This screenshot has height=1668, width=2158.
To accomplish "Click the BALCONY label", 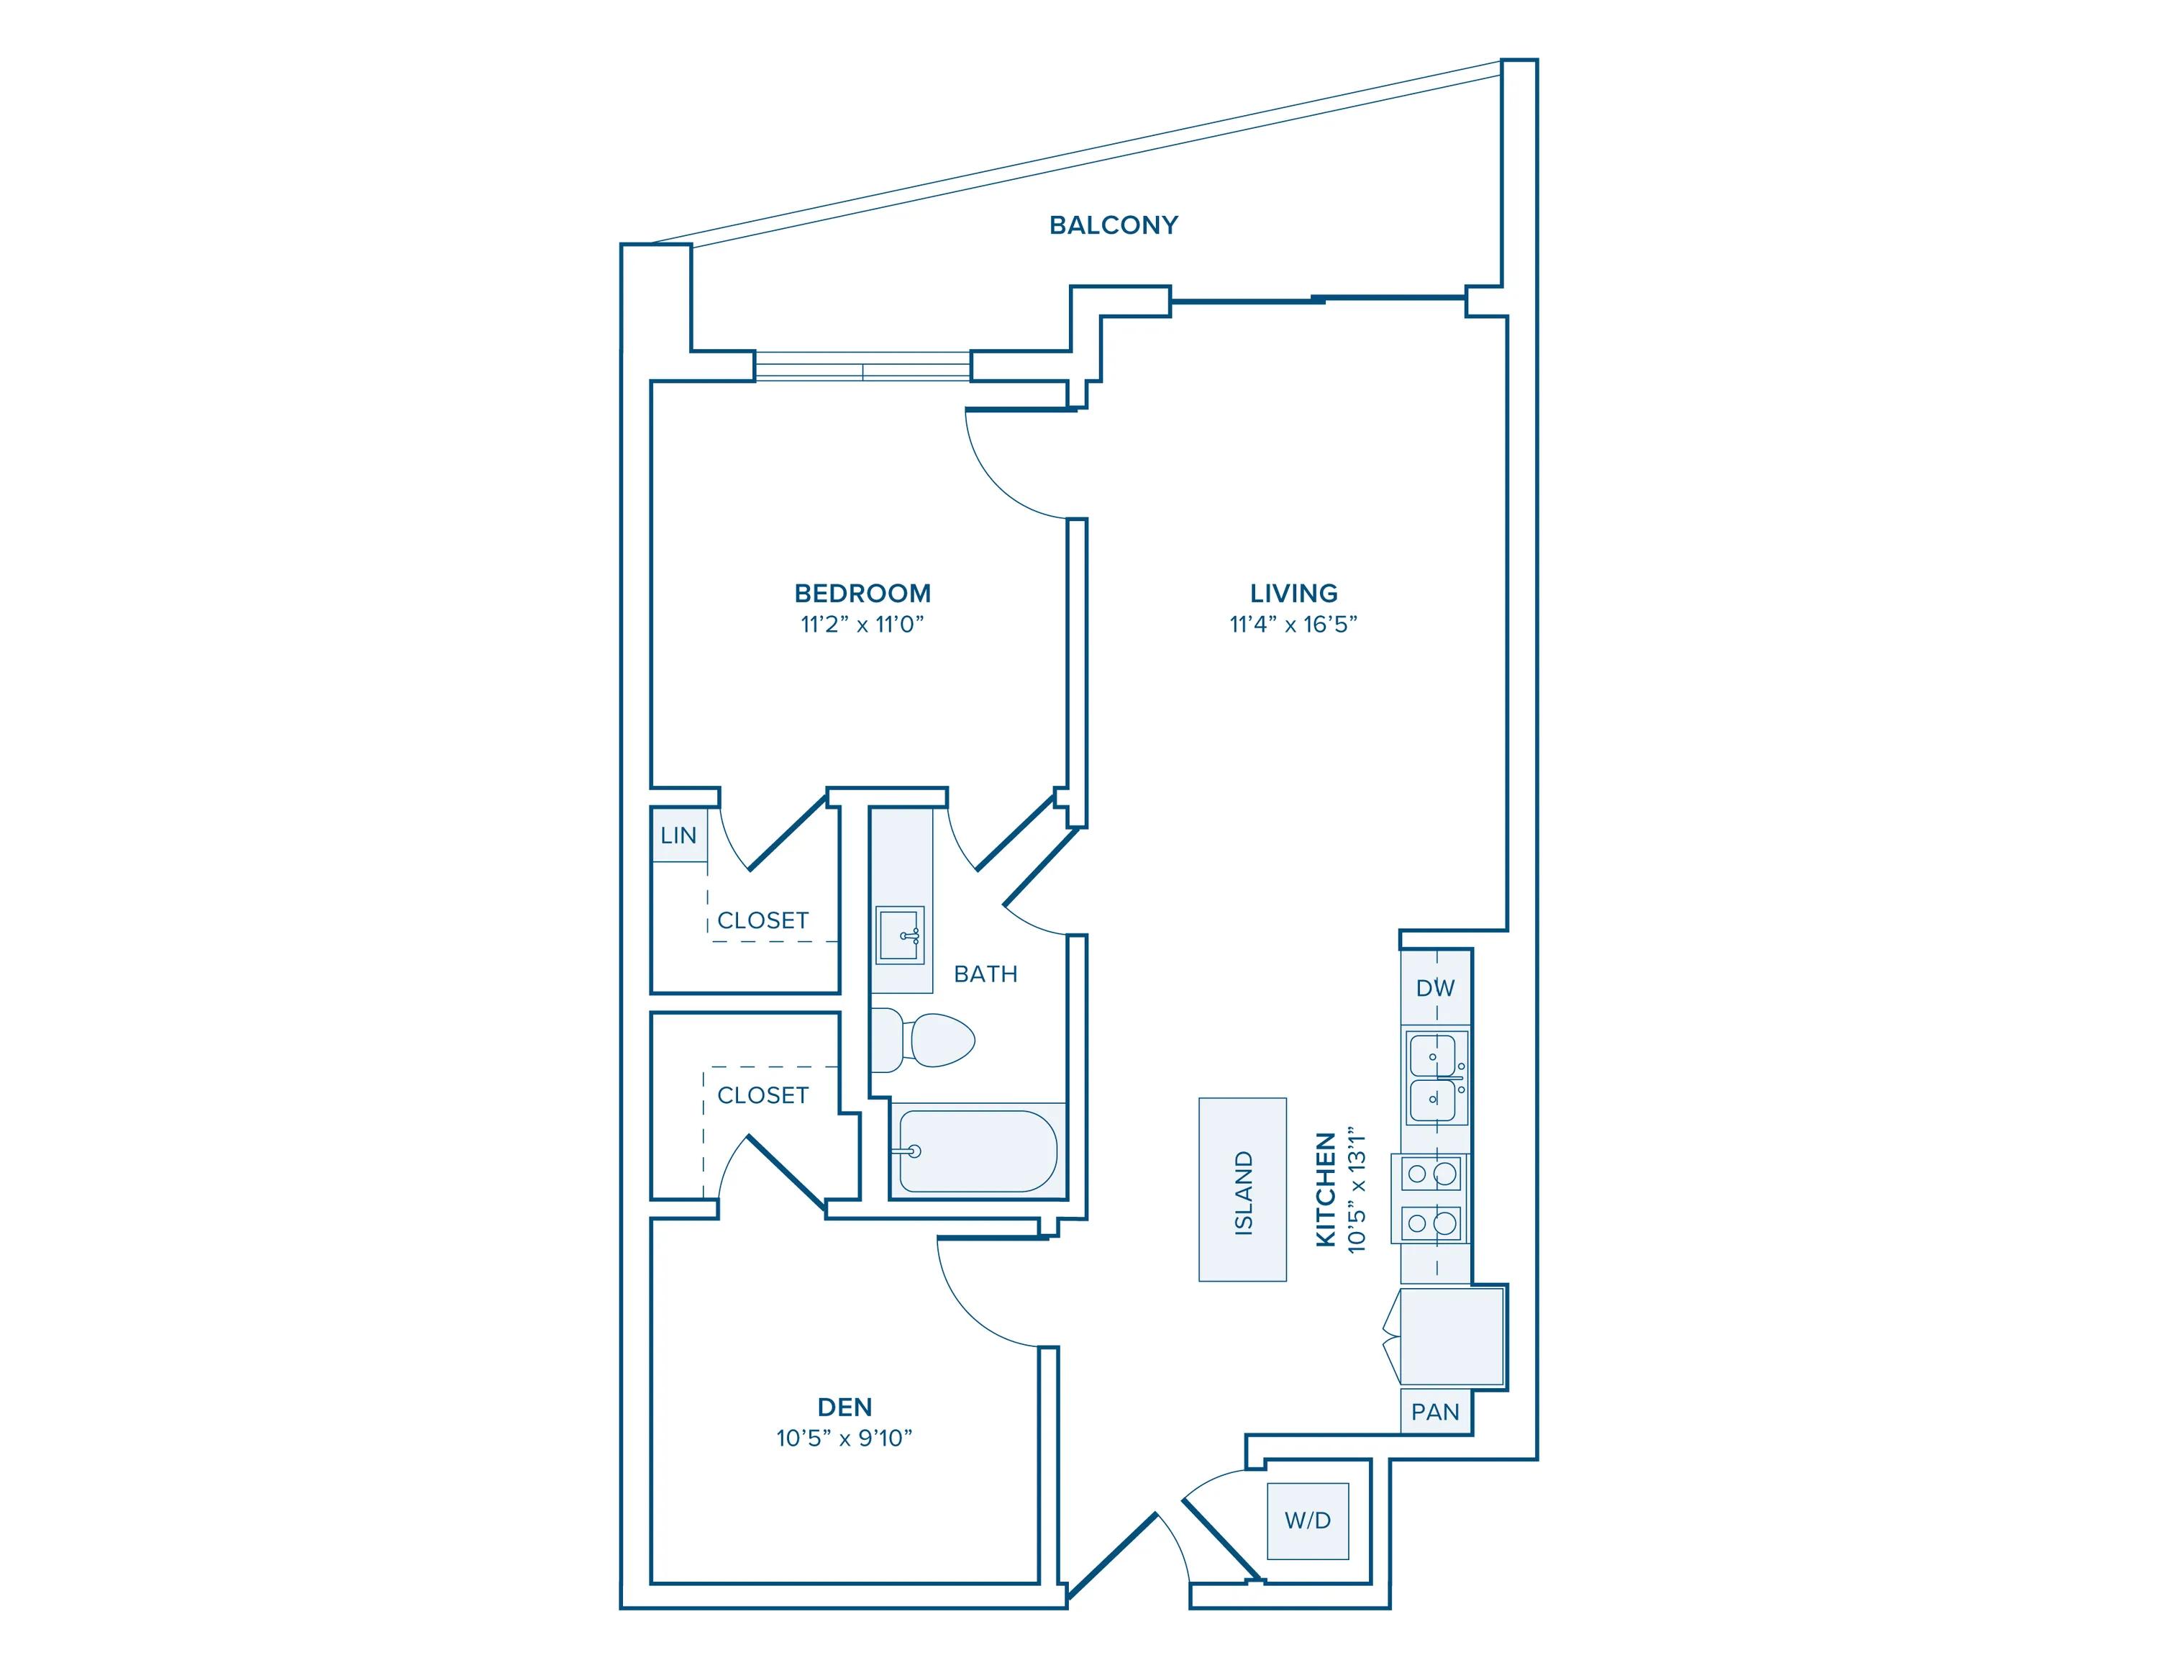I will click(x=1114, y=225).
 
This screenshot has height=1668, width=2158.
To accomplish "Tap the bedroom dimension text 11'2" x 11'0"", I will click(x=862, y=625).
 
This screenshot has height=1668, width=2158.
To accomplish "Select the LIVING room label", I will click(x=1293, y=593).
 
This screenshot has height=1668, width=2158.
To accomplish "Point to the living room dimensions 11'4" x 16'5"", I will click(x=1293, y=625).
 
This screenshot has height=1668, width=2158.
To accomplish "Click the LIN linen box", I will click(x=679, y=835).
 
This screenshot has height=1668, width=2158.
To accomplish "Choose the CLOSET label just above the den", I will click(x=762, y=1095).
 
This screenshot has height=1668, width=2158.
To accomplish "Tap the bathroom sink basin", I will click(x=899, y=935).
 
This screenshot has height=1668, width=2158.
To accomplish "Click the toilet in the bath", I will click(x=929, y=1040).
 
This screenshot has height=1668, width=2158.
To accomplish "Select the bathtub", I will click(x=976, y=1151).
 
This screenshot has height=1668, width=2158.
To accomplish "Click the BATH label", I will click(x=985, y=974).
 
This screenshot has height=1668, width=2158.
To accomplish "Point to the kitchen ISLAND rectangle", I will click(x=1242, y=1189).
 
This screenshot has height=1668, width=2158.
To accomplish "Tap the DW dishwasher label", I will click(x=1435, y=988).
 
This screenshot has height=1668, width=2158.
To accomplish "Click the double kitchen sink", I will click(x=1435, y=1077).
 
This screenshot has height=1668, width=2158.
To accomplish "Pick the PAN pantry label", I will click(x=1435, y=1412).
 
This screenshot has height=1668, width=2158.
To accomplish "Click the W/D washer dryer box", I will click(x=1307, y=1520).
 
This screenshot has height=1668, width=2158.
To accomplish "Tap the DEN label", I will click(x=844, y=1407).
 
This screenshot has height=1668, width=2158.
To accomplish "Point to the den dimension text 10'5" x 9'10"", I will click(x=844, y=1438).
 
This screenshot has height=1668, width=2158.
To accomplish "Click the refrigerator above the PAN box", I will click(x=1450, y=1336).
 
